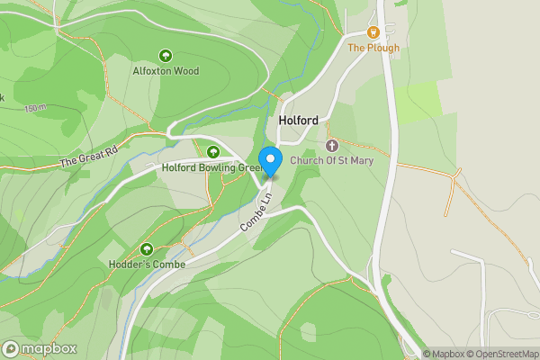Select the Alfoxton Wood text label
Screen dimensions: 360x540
point(166,70)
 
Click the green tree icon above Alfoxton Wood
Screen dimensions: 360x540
point(166,56)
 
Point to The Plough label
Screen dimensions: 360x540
point(373,48)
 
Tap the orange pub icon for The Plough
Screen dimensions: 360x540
point(373,33)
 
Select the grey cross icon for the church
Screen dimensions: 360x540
point(331,146)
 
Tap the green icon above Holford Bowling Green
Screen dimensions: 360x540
point(213,151)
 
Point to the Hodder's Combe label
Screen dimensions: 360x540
point(148,264)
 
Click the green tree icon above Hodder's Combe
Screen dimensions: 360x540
point(148,248)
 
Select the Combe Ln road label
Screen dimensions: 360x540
point(255,218)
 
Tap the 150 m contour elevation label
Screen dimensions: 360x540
point(35,109)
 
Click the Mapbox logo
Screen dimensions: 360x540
point(40,348)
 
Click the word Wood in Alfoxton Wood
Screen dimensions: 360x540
point(186,70)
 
